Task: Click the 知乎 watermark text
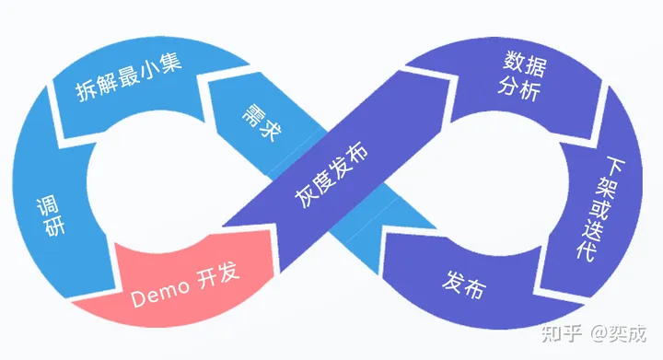click(562, 332)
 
